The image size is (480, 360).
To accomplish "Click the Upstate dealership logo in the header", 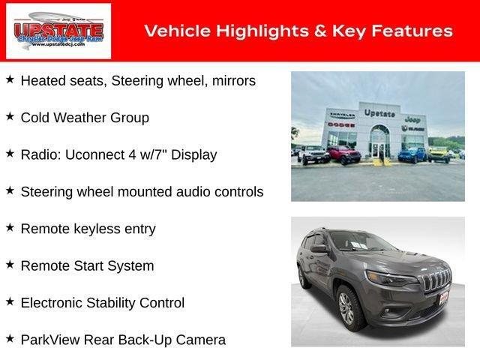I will [x=58, y=31].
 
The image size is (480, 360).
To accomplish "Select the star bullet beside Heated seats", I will [x=10, y=79].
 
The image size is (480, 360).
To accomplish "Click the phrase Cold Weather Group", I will [x=85, y=118].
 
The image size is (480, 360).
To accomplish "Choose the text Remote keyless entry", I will [x=88, y=229].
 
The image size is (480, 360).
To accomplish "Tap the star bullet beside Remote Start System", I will [x=10, y=265].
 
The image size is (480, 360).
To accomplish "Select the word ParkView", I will [x=50, y=340].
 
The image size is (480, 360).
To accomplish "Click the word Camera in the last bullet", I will [x=200, y=340].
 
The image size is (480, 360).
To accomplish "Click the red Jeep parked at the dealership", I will [x=344, y=155].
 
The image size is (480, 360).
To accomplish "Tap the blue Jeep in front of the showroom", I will [x=410, y=154].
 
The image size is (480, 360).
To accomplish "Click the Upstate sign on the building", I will [x=379, y=112].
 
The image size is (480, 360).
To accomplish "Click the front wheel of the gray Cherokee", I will [x=347, y=307].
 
